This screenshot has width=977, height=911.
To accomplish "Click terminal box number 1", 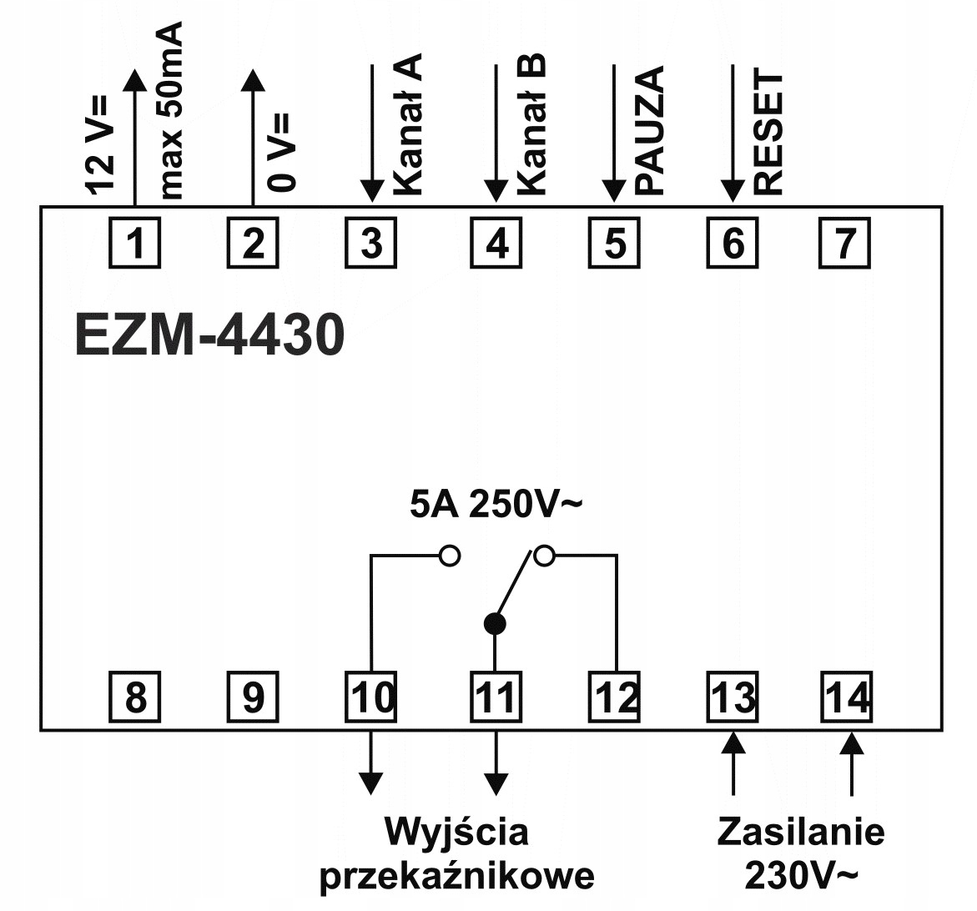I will (134, 244).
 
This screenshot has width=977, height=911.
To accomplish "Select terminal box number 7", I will (844, 244).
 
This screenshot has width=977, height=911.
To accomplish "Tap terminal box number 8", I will (134, 697).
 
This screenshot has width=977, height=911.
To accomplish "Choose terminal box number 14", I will (845, 697).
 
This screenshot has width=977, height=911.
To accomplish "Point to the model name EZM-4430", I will (209, 335).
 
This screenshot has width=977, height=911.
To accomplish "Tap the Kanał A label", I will (407, 124).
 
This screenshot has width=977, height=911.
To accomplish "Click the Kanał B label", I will (531, 124).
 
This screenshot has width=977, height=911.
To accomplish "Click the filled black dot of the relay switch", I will (496, 623).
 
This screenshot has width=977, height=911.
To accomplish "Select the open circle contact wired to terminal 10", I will (450, 556).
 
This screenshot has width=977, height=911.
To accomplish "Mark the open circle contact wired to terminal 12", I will (544, 556).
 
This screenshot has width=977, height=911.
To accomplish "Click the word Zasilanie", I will (801, 832).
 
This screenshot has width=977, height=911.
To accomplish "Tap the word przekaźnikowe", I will (457, 876).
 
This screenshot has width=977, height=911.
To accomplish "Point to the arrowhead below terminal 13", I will (733, 742).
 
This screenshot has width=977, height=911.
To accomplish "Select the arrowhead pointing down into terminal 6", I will (733, 193).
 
